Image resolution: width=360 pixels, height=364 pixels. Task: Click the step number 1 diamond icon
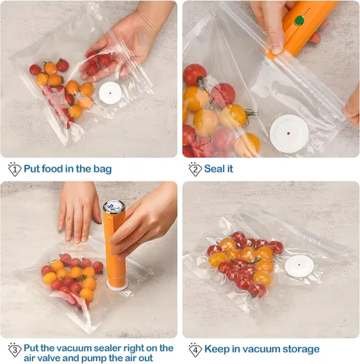pyautogui.click(x=14, y=169)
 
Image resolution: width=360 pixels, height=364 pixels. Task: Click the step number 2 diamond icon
pyautogui.click(x=195, y=169)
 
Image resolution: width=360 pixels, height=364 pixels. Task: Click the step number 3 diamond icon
pyautogui.click(x=14, y=349)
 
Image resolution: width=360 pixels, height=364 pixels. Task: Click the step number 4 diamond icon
pyautogui.click(x=195, y=349)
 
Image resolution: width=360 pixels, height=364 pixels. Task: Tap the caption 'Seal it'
pyautogui.click(x=219, y=169)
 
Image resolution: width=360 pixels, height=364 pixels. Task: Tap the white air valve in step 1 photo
pyautogui.click(x=111, y=92)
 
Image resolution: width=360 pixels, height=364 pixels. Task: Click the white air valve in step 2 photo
pyautogui.click(x=287, y=132)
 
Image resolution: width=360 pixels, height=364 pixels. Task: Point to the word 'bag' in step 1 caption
pyautogui.click(x=102, y=169)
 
